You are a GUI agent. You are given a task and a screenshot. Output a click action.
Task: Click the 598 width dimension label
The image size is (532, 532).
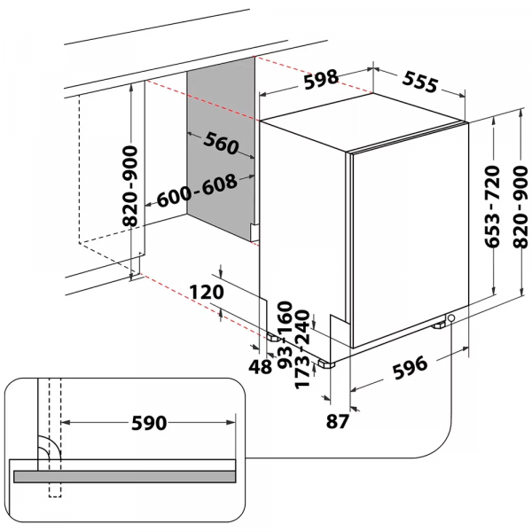point(320,79)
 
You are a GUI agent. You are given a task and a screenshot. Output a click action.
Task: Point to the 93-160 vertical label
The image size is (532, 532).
point(286,334)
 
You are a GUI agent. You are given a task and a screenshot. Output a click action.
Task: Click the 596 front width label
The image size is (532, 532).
point(409,364)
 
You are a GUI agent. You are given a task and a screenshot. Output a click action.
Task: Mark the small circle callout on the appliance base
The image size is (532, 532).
point(452,318)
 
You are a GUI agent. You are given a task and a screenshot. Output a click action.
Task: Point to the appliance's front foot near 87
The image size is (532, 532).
point(329,363)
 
